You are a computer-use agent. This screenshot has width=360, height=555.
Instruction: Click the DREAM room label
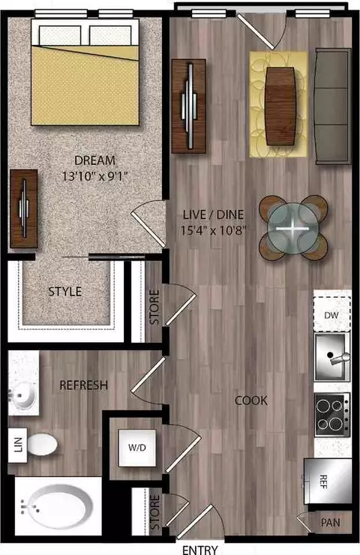pyautogui.click(x=94, y=160)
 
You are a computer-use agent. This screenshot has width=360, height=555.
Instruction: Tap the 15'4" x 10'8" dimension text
pyautogui.click(x=213, y=230)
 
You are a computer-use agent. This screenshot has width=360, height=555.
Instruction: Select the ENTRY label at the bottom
pyautogui.click(x=200, y=550)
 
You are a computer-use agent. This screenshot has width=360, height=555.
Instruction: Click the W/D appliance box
pyautogui.click(x=137, y=448)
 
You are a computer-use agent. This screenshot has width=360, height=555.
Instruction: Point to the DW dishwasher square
pyautogui.click(x=331, y=315)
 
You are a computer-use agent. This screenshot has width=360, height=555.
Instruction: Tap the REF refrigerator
pyautogui.click(x=328, y=481)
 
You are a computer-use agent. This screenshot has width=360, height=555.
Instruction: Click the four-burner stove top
pyautogui.click(x=332, y=415)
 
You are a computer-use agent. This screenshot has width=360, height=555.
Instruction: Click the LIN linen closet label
pyautogui.click(x=18, y=445)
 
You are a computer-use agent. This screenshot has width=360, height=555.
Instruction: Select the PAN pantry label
pyautogui.click(x=330, y=523)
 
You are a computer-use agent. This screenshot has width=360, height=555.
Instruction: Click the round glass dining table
pyautogui.click(x=292, y=228)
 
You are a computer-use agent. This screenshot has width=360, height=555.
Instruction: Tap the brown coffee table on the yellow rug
pyautogui.click(x=280, y=106)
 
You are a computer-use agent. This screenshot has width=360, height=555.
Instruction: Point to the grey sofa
pyautogui.click(x=332, y=106)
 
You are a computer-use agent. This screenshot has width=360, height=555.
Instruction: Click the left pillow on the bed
pyautogui.click(x=60, y=35)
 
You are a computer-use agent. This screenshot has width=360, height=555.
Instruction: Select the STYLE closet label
pyautogui.click(x=65, y=291)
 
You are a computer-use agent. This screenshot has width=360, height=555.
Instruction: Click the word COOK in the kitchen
pyautogui.click(x=251, y=400)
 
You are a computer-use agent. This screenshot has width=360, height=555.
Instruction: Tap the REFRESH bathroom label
pyautogui.click(x=83, y=385)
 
